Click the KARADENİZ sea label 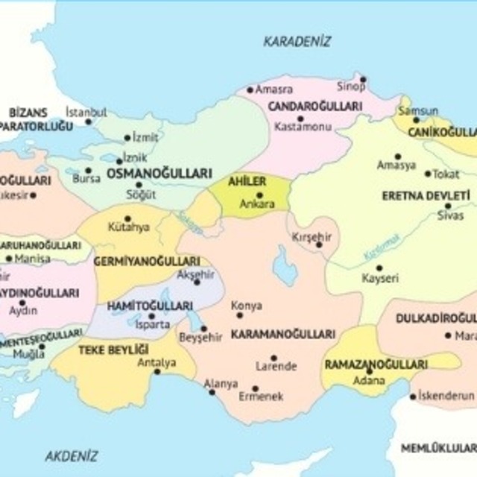pyautogui.click(x=297, y=42)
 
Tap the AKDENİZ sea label pyautogui.click(x=71, y=456)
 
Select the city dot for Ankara pyautogui.click(x=259, y=196)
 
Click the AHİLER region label pyautogui.click(x=247, y=181)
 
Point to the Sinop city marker pyautogui.click(x=363, y=79)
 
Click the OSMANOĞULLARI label pyautogui.click(x=159, y=173)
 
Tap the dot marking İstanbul pyautogui.click(x=88, y=121)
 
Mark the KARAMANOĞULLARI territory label pyautogui.click(x=282, y=335)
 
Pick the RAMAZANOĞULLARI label pyautogui.click(x=376, y=365)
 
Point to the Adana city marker pyautogui.click(x=369, y=371)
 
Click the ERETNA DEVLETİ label pyautogui.click(x=426, y=196)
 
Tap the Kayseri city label pyautogui.click(x=380, y=278)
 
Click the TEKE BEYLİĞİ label pyautogui.click(x=114, y=349)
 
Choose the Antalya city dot pyautogui.click(x=157, y=371)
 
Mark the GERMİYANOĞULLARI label pyautogui.click(x=146, y=262)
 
